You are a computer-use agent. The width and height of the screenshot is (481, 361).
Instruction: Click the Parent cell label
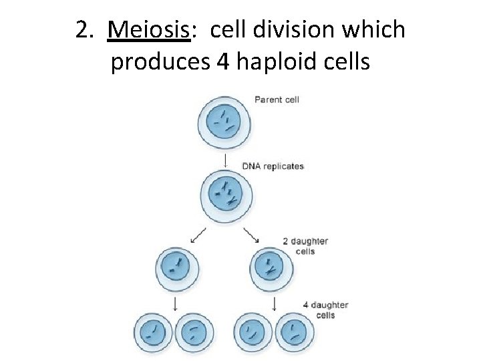pyautogui.click(x=277, y=100)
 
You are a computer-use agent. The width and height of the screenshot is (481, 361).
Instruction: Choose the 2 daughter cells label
pyautogui.click(x=305, y=247)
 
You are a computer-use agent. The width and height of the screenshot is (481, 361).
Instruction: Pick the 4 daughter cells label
pyautogui.click(x=325, y=310)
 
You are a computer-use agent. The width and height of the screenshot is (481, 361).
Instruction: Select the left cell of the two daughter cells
pyautogui.click(x=177, y=269)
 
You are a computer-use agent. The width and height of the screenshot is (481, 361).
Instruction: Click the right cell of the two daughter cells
pyautogui.click(x=271, y=269)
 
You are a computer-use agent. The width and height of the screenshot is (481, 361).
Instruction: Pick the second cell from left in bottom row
pyautogui.click(x=196, y=332)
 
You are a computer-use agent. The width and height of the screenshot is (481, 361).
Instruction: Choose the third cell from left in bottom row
pyautogui.click(x=253, y=332)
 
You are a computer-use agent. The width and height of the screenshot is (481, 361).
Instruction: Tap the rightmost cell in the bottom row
pyautogui.click(x=295, y=332)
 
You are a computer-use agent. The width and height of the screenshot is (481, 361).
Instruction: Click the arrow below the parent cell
pyautogui.click(x=225, y=160)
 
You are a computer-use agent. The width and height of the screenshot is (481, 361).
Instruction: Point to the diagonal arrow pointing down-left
pyautogui.click(x=198, y=235)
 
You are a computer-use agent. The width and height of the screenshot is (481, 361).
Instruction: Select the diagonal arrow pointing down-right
pyautogui.click(x=252, y=235)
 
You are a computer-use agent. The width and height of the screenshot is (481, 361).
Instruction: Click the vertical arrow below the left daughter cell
pyautogui.click(x=176, y=304)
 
